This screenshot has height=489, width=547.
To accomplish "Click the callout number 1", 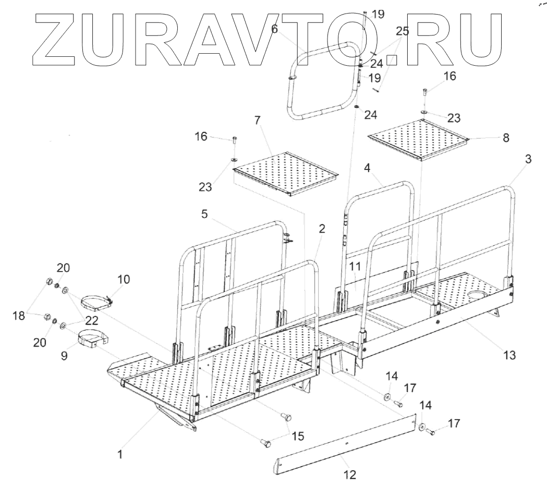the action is point(119,454).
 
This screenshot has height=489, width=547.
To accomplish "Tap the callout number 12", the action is point(350,474).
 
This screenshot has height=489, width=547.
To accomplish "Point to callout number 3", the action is point(528,160).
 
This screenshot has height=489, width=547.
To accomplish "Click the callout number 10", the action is point(123,279).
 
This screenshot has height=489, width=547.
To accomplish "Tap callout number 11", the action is point(355,266).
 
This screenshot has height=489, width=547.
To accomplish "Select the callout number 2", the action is point(322,228).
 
